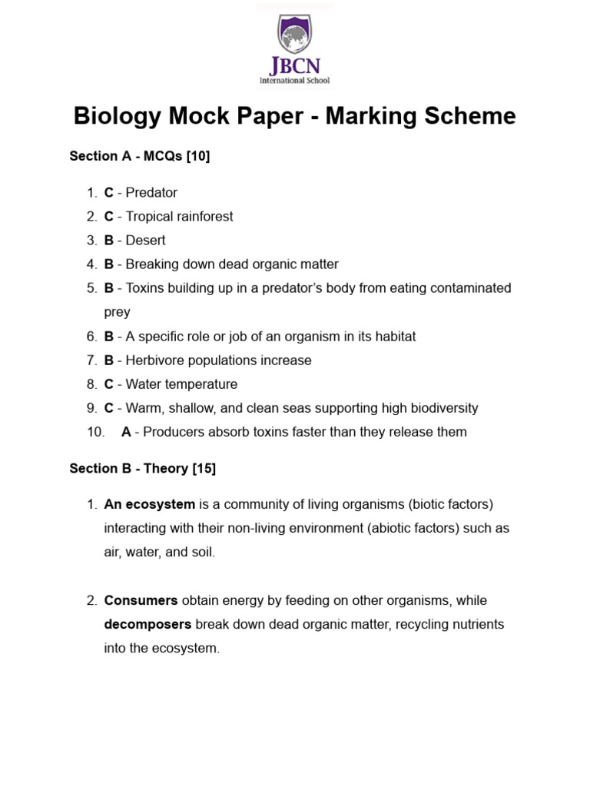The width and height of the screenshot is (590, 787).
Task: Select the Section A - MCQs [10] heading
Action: click(139, 156)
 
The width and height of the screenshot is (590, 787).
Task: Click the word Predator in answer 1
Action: click(151, 192)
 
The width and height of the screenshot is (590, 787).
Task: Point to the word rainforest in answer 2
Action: click(203, 216)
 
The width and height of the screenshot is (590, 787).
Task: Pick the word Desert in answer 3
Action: click(145, 240)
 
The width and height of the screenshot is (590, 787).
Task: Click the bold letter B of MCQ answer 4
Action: click(109, 264)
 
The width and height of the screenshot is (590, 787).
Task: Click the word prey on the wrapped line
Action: click(117, 312)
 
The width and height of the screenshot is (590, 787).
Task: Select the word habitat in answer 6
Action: click(393, 336)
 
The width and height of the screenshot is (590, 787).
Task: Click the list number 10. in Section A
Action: click(95, 432)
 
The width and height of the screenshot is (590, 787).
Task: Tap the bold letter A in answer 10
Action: click(126, 432)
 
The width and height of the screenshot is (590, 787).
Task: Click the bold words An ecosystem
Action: click(149, 504)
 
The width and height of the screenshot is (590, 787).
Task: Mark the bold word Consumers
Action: click(141, 600)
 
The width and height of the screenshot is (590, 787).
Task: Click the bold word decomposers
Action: click(147, 624)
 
